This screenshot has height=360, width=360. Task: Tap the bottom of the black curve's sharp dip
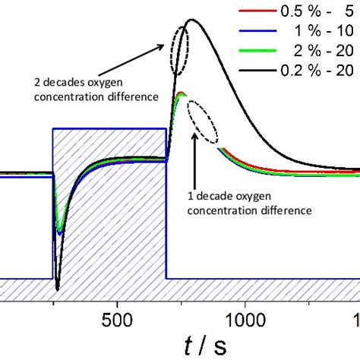pyautogui.click(x=57, y=289)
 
